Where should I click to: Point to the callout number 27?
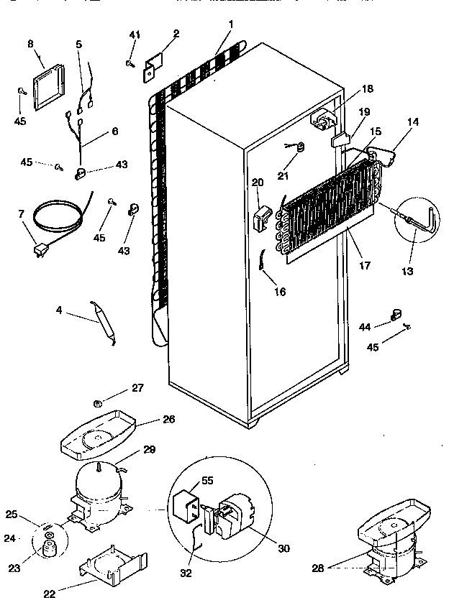tap(137, 388)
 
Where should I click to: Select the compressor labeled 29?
tap(99, 492)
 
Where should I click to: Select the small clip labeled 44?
tap(395, 313)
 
